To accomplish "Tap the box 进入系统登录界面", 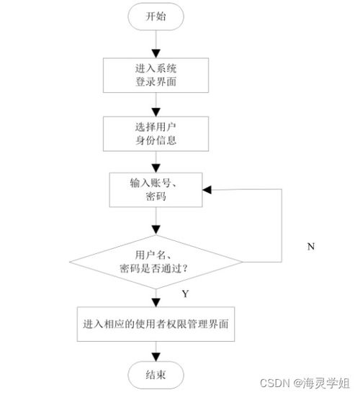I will click(x=155, y=75).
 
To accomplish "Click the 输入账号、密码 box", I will click(x=155, y=189).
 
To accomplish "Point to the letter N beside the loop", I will click(x=312, y=246).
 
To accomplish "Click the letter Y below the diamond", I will click(x=185, y=294).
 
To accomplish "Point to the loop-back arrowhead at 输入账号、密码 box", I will click(x=207, y=189).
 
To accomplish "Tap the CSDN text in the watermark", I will click(x=270, y=382).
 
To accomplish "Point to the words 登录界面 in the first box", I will click(x=155, y=81).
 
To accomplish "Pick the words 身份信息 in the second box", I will click(x=155, y=142).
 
